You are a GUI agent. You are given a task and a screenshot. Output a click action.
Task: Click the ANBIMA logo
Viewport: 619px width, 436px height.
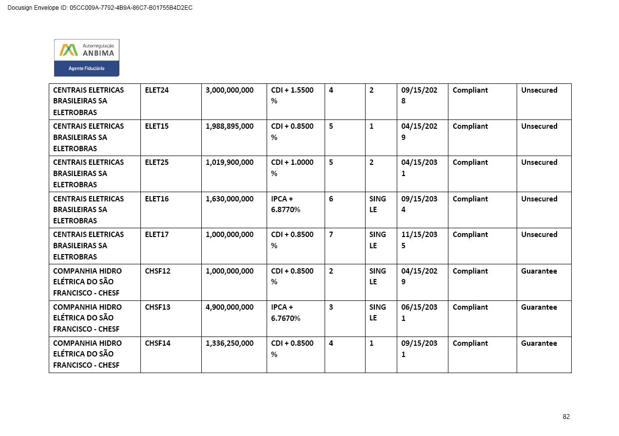click(86, 58)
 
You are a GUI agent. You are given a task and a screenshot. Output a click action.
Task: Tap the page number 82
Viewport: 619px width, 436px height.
click(566, 416)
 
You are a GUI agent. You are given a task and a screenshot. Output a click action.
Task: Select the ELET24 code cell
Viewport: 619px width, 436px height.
click(157, 90)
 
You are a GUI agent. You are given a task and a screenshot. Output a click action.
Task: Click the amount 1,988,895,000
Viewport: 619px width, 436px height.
click(230, 126)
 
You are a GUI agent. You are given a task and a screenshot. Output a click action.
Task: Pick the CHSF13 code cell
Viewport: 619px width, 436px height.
click(158, 307)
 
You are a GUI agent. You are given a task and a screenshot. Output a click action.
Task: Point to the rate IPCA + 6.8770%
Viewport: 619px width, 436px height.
click(286, 204)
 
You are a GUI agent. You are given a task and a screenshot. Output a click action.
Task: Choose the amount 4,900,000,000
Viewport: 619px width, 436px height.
click(230, 307)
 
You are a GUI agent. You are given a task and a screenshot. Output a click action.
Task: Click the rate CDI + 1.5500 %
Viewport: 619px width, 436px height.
click(292, 96)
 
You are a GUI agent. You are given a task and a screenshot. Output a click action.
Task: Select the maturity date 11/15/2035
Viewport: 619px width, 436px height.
click(419, 240)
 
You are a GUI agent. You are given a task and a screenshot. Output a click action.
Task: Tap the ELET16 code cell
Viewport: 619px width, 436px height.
click(157, 199)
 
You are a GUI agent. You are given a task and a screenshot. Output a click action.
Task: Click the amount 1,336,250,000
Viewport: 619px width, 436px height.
click(230, 343)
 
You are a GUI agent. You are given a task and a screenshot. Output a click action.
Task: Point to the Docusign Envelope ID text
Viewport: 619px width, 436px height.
click(100, 8)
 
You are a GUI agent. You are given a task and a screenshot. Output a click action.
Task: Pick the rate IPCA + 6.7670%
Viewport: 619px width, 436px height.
click(286, 313)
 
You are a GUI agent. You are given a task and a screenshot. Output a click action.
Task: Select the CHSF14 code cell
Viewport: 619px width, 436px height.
click(158, 343)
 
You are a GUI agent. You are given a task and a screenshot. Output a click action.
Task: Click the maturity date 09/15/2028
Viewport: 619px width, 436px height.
click(419, 96)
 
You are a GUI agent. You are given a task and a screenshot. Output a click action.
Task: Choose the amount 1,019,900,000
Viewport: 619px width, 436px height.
click(230, 162)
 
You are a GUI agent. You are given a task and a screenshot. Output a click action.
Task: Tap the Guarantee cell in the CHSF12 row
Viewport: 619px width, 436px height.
click(539, 271)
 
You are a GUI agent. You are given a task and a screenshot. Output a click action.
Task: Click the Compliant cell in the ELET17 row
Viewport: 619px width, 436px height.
click(470, 235)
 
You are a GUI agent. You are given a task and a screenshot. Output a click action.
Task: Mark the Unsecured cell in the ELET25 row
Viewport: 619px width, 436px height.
click(539, 162)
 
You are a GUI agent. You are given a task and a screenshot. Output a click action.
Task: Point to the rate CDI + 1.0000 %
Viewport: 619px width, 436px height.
click(292, 168)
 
